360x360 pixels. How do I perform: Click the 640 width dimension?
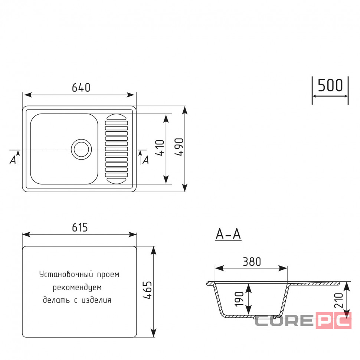point(81,88)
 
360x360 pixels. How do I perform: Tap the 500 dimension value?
point(330,85)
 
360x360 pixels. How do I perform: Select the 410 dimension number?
point(160,148)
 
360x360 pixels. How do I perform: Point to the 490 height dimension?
point(179,147)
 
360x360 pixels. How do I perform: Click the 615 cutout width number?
point(80,227)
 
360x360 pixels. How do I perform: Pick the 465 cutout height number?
point(147,290)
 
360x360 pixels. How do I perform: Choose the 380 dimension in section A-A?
point(252,262)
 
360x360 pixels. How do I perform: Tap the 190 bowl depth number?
point(239,299)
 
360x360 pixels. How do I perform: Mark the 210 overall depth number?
point(338,300)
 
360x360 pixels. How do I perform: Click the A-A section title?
point(228,235)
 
